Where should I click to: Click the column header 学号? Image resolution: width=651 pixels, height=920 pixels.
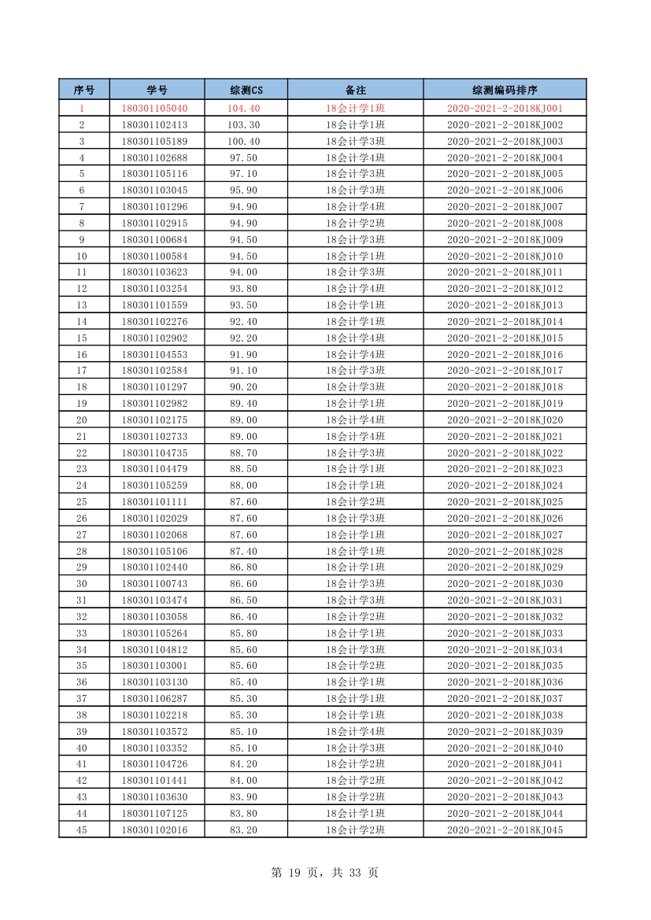157,90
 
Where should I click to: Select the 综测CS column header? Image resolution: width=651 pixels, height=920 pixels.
246,90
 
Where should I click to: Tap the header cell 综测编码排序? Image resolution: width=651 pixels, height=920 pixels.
505,90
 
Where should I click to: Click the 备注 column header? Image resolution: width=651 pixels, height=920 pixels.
355,90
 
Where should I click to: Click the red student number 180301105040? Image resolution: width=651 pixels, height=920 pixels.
155,109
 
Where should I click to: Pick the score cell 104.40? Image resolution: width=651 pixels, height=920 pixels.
244,109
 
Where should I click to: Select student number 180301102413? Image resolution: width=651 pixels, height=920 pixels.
155,125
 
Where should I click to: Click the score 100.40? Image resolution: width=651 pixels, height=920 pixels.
244,142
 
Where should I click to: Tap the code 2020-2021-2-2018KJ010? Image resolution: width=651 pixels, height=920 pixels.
505,257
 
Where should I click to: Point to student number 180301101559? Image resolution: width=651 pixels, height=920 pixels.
155,305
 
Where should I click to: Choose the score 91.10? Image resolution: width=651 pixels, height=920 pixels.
244,371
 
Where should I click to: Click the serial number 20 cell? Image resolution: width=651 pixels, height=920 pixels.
82,420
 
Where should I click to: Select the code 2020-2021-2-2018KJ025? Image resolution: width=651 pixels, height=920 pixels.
505,502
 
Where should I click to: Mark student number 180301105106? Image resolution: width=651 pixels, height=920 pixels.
155,551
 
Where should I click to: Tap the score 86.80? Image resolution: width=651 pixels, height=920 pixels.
244,567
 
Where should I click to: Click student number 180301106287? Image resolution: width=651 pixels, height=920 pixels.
155,699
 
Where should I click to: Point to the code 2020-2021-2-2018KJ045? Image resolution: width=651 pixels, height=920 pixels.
505,829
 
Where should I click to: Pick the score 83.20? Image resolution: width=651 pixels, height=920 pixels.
244,829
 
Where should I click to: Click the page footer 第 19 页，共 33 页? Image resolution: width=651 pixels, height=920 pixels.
324,872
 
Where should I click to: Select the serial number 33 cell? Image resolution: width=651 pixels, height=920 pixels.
82,634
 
